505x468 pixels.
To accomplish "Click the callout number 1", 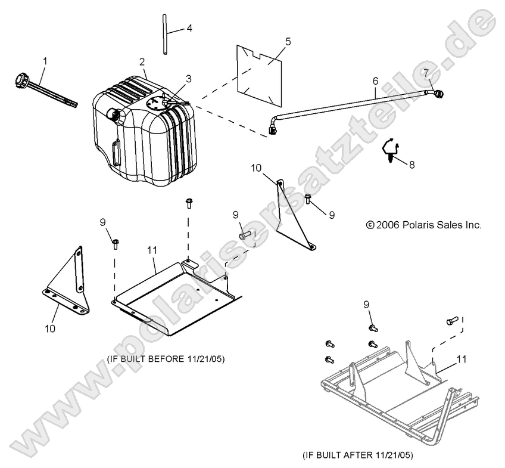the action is click(x=45, y=61).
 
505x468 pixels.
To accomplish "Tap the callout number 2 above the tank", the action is click(x=142, y=62).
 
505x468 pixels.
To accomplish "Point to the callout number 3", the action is click(x=188, y=79).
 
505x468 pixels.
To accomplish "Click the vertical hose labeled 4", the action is click(x=165, y=35).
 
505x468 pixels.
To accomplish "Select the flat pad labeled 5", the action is click(x=260, y=76).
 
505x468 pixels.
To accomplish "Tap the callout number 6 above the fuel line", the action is click(x=376, y=80).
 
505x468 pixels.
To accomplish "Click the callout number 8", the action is click(x=412, y=165).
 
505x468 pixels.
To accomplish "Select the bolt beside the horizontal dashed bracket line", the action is click(x=245, y=235).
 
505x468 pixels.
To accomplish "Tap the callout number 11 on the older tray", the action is click(x=152, y=250).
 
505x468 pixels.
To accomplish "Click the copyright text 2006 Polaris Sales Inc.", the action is click(x=423, y=225).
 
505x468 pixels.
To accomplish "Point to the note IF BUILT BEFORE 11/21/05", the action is click(x=166, y=359).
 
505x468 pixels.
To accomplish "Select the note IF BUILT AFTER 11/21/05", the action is click(x=357, y=455).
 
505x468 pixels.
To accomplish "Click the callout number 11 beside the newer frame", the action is click(x=462, y=359).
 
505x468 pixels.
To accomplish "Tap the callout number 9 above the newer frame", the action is click(x=366, y=304).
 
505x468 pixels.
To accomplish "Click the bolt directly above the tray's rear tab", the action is click(x=189, y=203).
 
